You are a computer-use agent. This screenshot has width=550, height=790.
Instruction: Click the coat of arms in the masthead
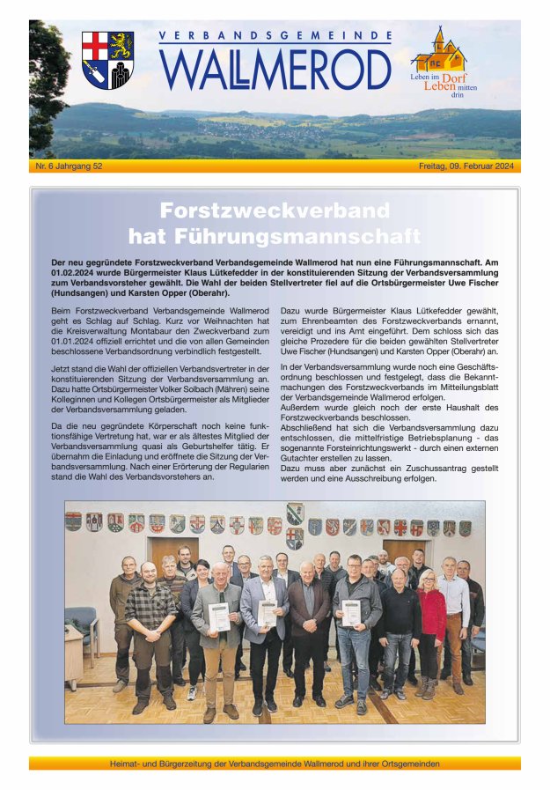tap(108, 60)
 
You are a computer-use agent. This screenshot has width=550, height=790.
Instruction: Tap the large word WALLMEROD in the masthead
tap(275, 70)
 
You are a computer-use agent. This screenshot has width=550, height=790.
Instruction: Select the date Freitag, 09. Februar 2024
tap(467, 166)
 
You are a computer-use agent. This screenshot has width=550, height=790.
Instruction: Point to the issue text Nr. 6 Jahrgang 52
tap(70, 166)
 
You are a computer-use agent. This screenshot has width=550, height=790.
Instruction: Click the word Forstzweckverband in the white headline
tap(275, 211)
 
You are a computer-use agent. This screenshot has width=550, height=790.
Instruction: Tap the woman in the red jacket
tap(431, 614)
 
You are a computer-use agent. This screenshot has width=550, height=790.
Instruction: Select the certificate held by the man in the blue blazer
tap(268, 613)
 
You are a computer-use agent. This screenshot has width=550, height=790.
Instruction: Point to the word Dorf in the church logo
tap(454, 78)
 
